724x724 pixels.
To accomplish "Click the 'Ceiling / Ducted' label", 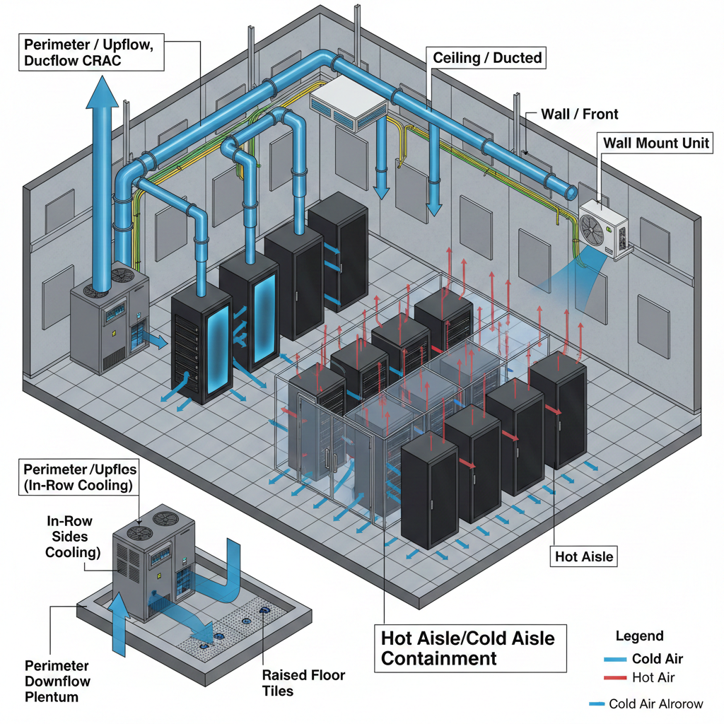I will (487, 57).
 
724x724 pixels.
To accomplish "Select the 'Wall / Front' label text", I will (579, 113).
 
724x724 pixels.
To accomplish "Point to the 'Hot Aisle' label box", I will (584, 556).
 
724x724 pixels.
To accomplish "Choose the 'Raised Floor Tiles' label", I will (303, 683).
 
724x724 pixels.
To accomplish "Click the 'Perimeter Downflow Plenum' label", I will (57, 682).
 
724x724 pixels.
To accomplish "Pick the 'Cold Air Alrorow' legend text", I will (655, 703).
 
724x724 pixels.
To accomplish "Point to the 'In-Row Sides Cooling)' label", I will (69, 537).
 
